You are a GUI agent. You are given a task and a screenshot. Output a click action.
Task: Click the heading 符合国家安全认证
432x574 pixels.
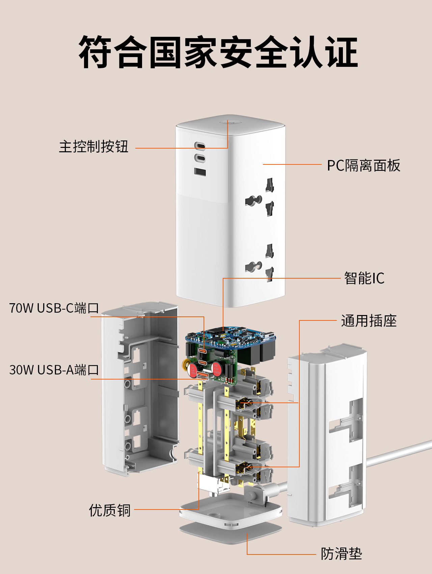tap(218, 52)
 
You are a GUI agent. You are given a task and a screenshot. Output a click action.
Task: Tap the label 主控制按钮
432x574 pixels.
tap(93, 147)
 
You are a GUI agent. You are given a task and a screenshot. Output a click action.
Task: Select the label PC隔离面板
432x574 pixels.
tap(363, 166)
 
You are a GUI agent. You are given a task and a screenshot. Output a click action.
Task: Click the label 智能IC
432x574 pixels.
tap(364, 279)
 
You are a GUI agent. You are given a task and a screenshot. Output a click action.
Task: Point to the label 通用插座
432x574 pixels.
tap(369, 321)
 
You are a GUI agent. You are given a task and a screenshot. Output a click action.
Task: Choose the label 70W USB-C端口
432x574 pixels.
tap(54, 308)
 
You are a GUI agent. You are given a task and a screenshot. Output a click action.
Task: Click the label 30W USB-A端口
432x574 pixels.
tap(54, 370)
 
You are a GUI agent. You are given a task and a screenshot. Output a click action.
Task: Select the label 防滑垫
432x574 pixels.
tap(341, 554)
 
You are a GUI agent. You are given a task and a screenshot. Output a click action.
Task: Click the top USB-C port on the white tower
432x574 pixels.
tap(200, 146)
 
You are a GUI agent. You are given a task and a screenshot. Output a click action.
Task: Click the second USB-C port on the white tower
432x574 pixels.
tap(200, 158)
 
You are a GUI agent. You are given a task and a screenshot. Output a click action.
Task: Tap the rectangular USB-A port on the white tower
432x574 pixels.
tap(200, 172)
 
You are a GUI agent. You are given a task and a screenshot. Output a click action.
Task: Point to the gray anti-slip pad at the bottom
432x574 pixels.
tap(230, 533)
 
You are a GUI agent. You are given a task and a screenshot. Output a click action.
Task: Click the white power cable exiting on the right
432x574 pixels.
tap(398, 452)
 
